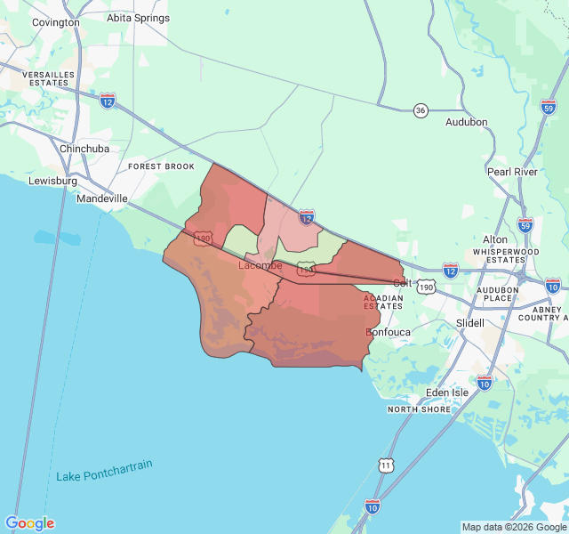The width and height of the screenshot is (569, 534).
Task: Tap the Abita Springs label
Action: [138, 18]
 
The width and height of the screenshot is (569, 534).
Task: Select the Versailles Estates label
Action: [45, 78]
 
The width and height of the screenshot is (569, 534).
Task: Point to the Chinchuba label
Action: [84, 149]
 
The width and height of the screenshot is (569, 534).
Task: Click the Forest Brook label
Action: [161, 166]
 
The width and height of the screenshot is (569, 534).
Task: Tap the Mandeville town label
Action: [102, 198]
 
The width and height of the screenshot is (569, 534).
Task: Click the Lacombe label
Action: [260, 265]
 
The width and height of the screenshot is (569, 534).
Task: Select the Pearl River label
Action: [512, 172]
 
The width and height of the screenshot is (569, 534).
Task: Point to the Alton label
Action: [494, 239]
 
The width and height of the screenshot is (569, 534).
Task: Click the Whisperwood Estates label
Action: [506, 256]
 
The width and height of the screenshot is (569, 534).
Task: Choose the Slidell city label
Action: [469, 323]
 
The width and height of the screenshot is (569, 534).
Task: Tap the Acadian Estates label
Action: [383, 302]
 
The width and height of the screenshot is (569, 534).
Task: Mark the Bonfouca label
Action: [389, 332]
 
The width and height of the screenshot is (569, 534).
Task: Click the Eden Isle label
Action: [447, 392]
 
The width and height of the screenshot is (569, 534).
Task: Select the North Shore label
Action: [419, 409]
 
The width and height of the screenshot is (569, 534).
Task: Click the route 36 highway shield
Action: [421, 109]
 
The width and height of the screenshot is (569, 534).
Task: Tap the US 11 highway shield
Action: [385, 465]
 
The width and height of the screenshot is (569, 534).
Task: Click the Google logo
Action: [29, 523]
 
